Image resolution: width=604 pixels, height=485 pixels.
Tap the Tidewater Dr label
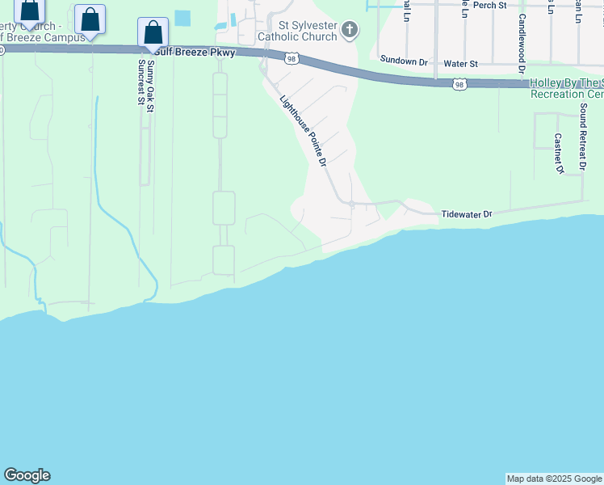(x=467, y=214)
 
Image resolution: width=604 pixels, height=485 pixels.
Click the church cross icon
(x=350, y=31)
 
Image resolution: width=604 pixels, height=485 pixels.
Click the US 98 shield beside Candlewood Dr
(x=459, y=83)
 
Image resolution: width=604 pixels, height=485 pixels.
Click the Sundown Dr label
(x=404, y=61)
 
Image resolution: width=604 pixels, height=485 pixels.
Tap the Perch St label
(x=489, y=5)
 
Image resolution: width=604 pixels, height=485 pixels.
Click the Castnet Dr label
(x=557, y=154)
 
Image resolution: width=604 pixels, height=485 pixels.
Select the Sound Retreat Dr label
(x=582, y=137)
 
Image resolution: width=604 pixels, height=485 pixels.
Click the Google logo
(x=27, y=475)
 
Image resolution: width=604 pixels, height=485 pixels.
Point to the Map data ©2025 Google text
(x=554, y=479)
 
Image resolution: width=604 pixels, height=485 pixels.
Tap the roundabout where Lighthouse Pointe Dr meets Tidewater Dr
(x=352, y=203)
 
